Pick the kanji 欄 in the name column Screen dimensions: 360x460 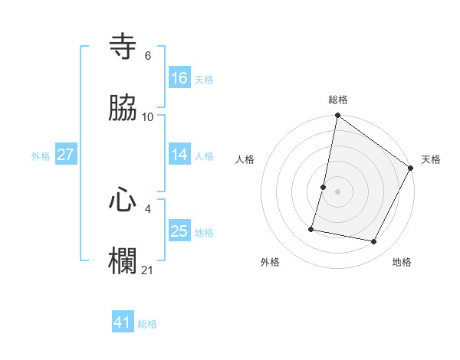click(123, 261)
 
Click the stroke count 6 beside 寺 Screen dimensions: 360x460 click(147, 56)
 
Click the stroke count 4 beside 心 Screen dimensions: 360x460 click(147, 208)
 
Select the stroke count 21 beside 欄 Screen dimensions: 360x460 click(148, 270)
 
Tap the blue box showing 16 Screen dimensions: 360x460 click(179, 77)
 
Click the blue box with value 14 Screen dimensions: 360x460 click(179, 155)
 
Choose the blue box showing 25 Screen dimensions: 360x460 click(179, 231)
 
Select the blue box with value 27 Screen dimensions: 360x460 click(66, 155)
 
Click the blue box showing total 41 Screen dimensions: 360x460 click(123, 322)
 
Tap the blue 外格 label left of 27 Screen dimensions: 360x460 click(41, 156)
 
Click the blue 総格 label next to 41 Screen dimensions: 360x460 click(147, 324)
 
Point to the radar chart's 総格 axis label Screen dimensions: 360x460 click(337, 100)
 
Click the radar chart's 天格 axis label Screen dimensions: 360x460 click(431, 159)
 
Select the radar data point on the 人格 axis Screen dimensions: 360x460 click(324, 187)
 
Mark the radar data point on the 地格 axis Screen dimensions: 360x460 click(374, 242)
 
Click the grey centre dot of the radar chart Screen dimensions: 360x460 click(337, 191)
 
